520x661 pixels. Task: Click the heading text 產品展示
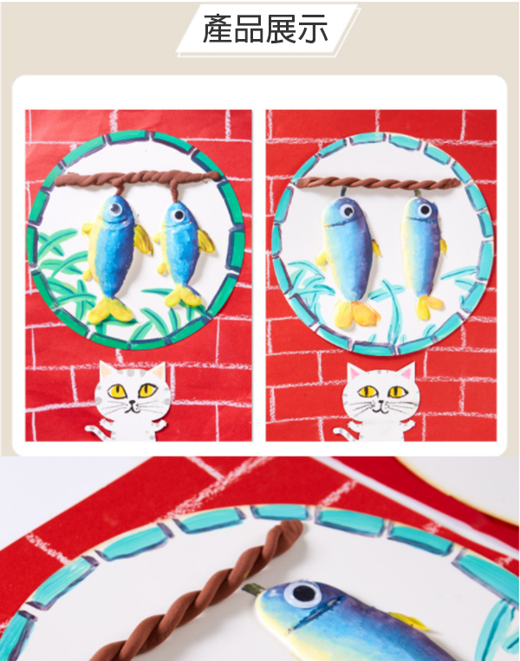(265, 29)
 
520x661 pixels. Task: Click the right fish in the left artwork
(180, 247)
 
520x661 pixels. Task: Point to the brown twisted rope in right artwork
(381, 183)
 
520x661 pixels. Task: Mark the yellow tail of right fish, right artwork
(427, 305)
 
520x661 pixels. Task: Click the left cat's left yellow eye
(115, 392)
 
